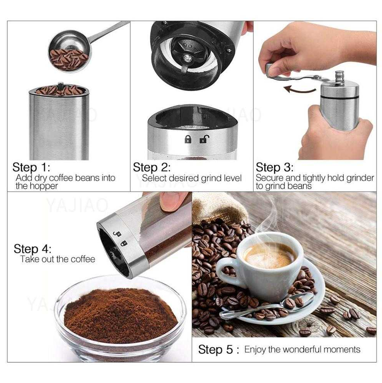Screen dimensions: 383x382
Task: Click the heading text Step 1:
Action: pos(31,168)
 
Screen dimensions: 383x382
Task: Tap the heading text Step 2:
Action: pos(152,168)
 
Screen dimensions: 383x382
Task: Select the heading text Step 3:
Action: pos(274,168)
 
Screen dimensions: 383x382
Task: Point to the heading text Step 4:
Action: pos(32,249)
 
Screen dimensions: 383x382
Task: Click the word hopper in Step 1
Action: pos(43,186)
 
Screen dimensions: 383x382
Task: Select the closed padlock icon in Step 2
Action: pos(188,139)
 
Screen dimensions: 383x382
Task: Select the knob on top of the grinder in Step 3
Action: pos(339,76)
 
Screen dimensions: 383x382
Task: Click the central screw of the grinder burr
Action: pos(187,58)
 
